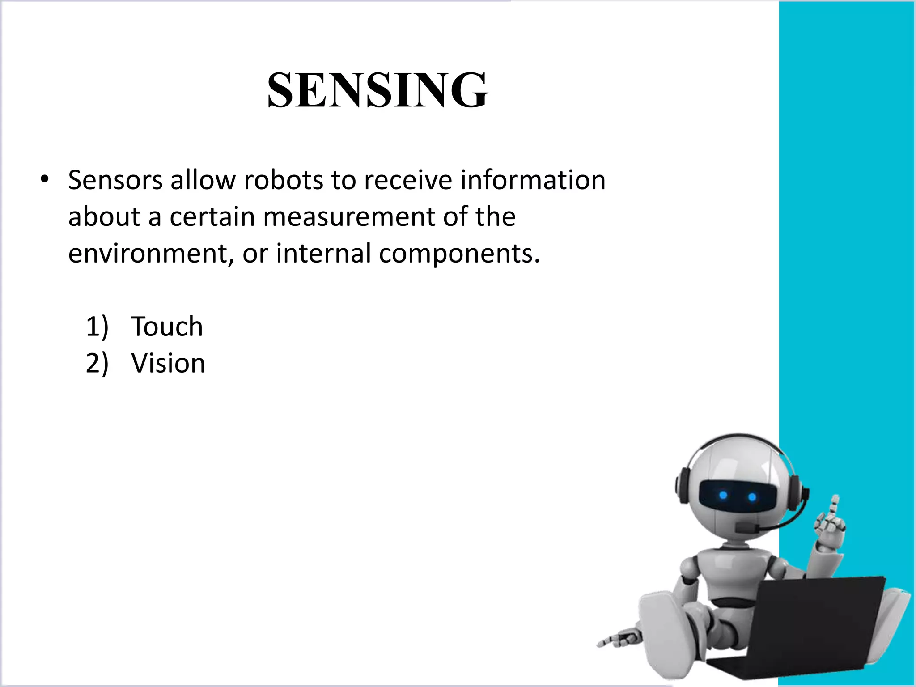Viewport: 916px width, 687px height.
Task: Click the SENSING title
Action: click(378, 91)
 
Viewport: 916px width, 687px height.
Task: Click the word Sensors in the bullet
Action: click(115, 180)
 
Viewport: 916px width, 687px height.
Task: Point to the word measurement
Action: click(349, 216)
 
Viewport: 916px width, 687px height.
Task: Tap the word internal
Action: click(323, 253)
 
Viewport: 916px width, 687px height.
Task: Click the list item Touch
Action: click(167, 326)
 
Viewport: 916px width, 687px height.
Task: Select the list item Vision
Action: click(168, 363)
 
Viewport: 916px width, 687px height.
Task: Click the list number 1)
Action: click(97, 326)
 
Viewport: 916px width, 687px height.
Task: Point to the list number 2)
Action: click(97, 363)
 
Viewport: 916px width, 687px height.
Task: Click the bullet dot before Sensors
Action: click(43, 180)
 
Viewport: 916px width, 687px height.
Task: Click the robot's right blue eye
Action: click(752, 497)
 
